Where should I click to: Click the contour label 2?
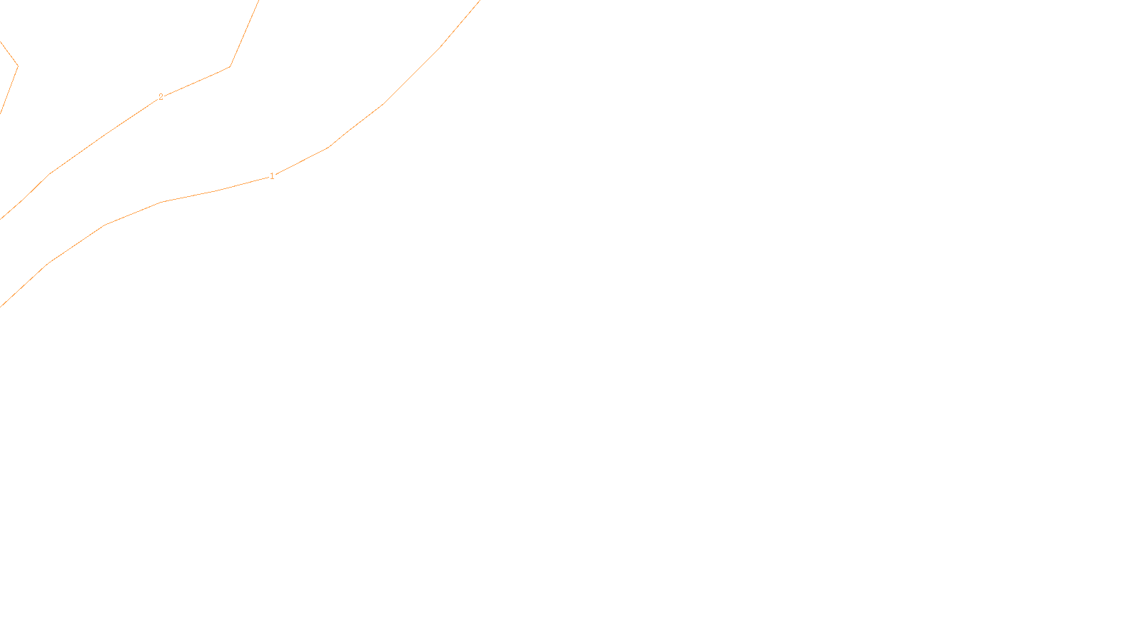(161, 97)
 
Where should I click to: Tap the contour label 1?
(272, 176)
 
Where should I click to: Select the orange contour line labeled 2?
(103, 135)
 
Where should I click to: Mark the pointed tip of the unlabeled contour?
(17, 66)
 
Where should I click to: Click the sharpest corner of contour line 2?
(229, 67)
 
